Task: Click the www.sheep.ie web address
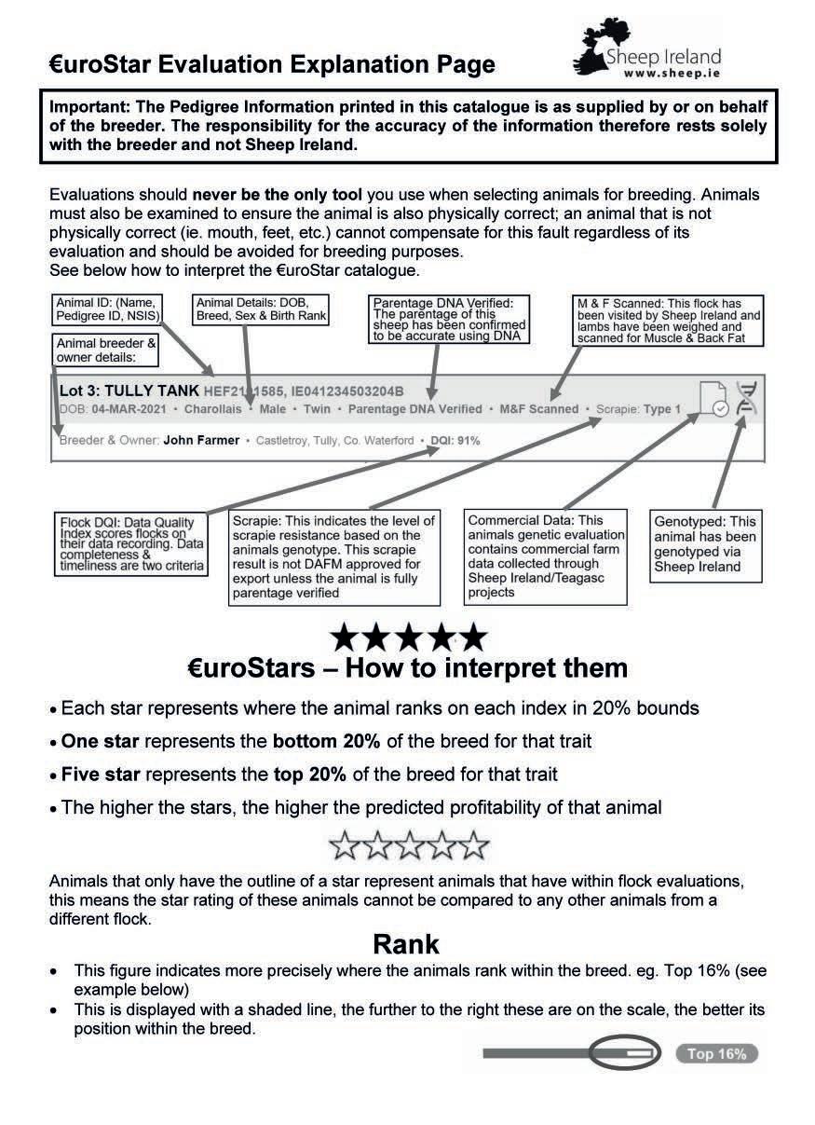pyautogui.click(x=676, y=73)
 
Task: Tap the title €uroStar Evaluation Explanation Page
pyautogui.click(x=272, y=65)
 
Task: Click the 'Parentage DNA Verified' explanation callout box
pyautogui.click(x=449, y=320)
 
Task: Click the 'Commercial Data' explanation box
pyautogui.click(x=546, y=556)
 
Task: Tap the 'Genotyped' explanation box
pyautogui.click(x=705, y=543)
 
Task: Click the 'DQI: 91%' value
pyautogui.click(x=455, y=440)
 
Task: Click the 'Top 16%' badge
pyautogui.click(x=716, y=1054)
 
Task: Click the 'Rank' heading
pyautogui.click(x=406, y=944)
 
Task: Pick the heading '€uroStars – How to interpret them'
pyautogui.click(x=407, y=668)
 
